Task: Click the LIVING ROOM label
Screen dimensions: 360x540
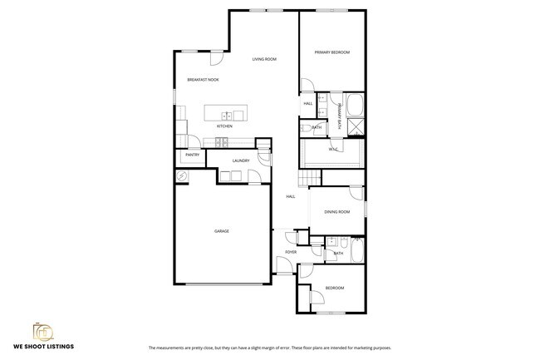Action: click(264, 59)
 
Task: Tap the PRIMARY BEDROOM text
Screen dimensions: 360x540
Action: click(331, 52)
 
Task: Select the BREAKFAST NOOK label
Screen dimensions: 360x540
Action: click(202, 79)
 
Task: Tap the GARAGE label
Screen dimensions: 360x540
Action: click(221, 231)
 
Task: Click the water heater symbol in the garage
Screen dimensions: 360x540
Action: click(180, 176)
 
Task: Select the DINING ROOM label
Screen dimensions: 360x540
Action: click(336, 212)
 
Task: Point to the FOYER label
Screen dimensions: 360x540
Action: click(291, 251)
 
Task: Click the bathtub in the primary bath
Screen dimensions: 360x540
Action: click(355, 106)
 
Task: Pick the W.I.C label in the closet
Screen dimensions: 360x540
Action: click(331, 150)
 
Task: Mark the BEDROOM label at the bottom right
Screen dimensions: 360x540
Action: click(334, 288)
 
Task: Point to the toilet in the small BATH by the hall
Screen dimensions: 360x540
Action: click(305, 127)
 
